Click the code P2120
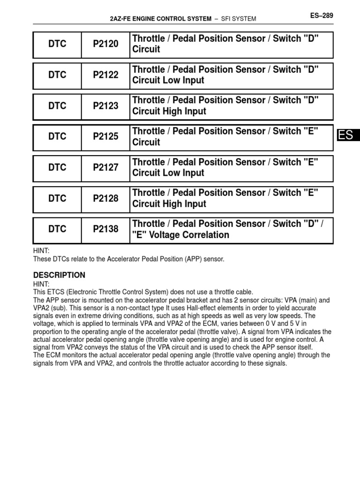pyautogui.click(x=105, y=44)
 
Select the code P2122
pyautogui.click(x=105, y=75)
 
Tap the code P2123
pyautogui.click(x=105, y=106)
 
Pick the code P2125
pyautogui.click(x=105, y=137)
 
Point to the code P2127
pyautogui.click(x=105, y=168)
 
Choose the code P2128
pyautogui.click(x=105, y=199)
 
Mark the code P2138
pyautogui.click(x=105, y=230)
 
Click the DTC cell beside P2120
pyautogui.click(x=57, y=44)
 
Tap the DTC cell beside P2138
pyautogui.click(x=57, y=230)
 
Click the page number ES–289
pyautogui.click(x=321, y=15)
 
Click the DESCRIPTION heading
pyautogui.click(x=59, y=275)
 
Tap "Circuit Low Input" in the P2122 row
pyautogui.click(x=168, y=80)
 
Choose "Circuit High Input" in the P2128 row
pyautogui.click(x=169, y=204)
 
